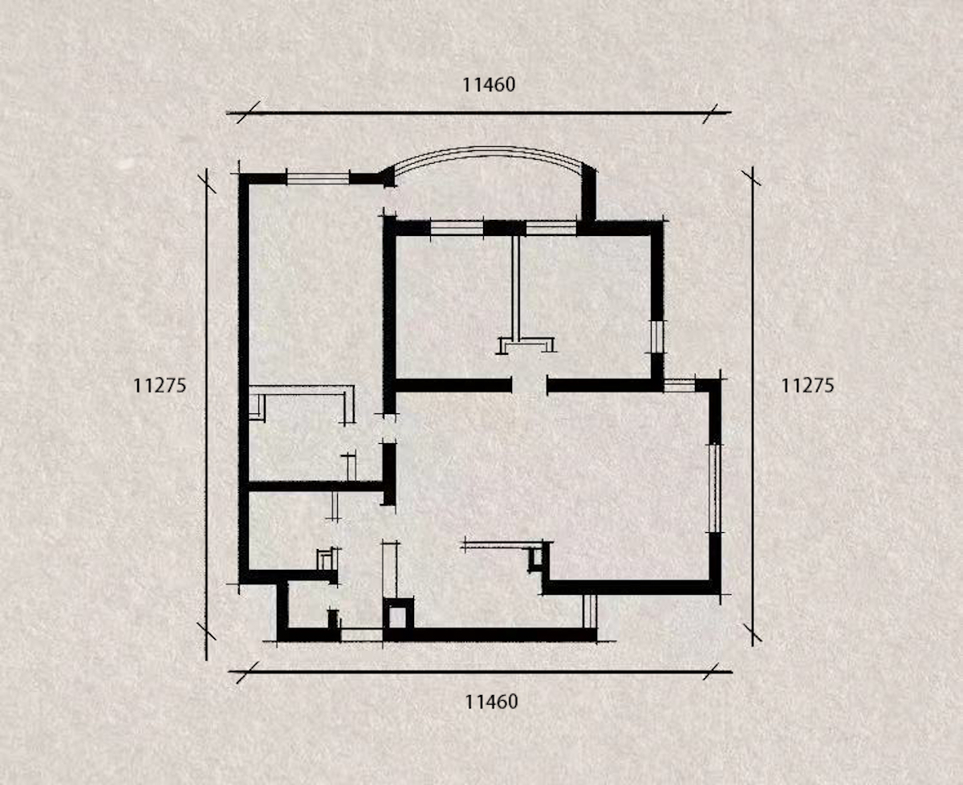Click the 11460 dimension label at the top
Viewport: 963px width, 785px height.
tap(489, 84)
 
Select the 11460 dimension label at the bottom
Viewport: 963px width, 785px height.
tap(491, 702)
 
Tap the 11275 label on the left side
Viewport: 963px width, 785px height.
tap(160, 386)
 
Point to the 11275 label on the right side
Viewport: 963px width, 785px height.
tap(807, 386)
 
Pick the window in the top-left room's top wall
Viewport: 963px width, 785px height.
tap(318, 179)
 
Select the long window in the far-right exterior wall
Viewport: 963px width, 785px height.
tap(715, 488)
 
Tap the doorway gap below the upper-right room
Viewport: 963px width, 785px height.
tap(530, 385)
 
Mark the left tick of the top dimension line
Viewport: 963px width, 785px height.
tap(248, 112)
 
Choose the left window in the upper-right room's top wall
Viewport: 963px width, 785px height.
tap(457, 228)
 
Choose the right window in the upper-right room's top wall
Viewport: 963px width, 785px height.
tap(551, 228)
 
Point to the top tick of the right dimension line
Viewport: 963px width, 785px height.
tap(752, 178)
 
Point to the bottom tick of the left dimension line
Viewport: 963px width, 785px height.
tap(206, 631)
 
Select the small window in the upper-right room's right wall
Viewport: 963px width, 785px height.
tap(657, 337)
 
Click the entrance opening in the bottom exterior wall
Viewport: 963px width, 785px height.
tap(362, 635)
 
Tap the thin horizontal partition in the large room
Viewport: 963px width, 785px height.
tap(502, 545)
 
